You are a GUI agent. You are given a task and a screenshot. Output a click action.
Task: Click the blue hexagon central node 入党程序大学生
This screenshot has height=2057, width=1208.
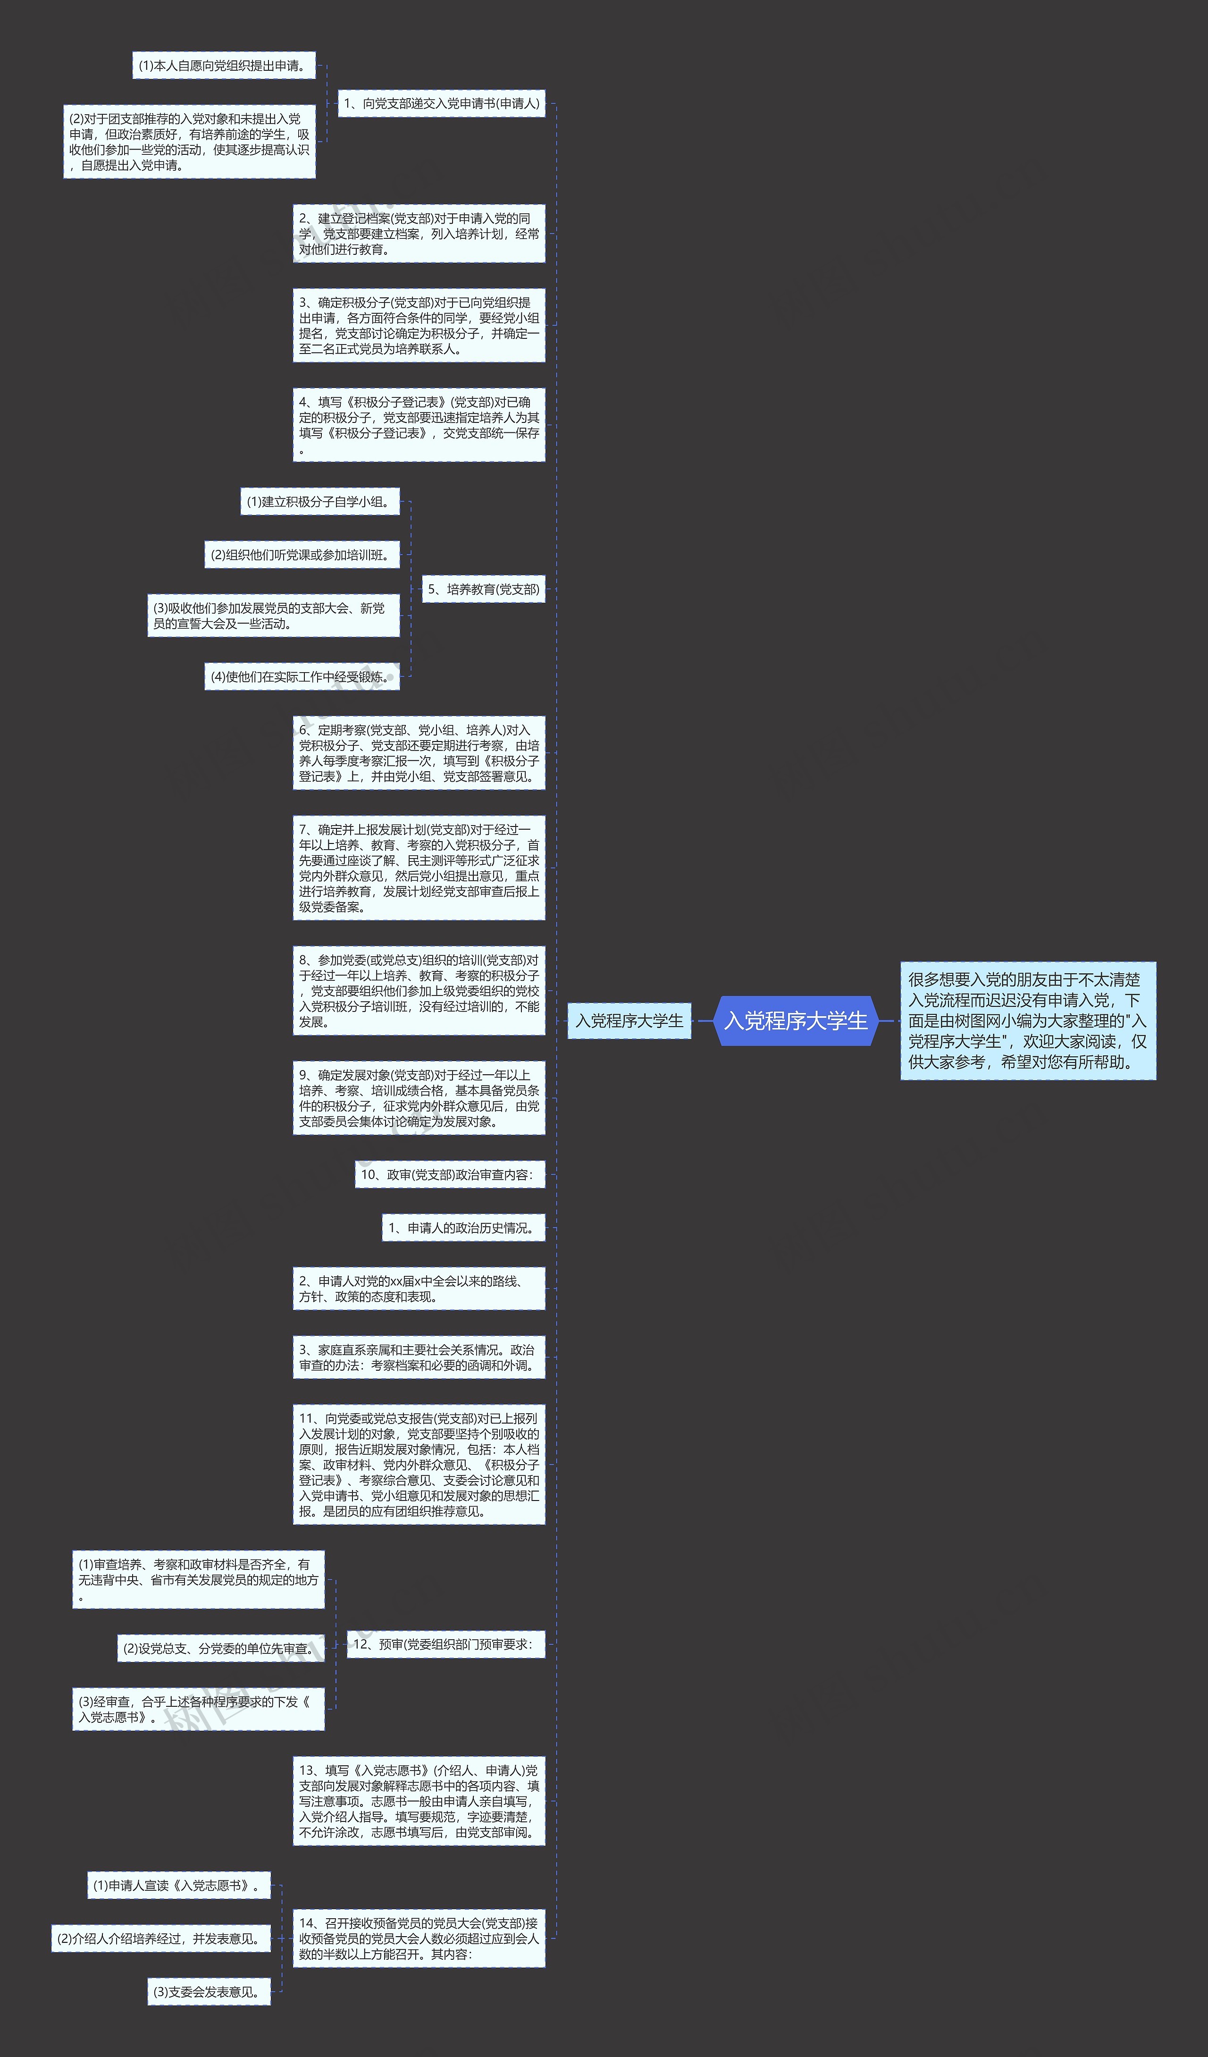pyautogui.click(x=796, y=1020)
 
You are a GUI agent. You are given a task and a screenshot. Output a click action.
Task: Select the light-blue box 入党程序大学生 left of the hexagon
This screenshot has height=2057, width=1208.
pyautogui.click(x=629, y=1020)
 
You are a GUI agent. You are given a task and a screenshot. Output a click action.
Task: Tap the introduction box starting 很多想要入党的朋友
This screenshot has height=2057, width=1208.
pyautogui.click(x=1028, y=1020)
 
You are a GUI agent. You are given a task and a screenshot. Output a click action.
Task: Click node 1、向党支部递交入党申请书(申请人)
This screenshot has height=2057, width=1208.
pyautogui.click(x=442, y=104)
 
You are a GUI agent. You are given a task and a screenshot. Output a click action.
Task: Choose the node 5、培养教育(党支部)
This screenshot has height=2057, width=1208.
pyautogui.click(x=483, y=590)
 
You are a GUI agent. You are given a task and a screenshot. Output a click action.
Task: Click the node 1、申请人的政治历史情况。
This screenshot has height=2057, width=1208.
pyautogui.click(x=463, y=1228)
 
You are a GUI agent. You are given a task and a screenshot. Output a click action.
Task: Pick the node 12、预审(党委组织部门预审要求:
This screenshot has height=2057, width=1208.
pyautogui.click(x=445, y=1644)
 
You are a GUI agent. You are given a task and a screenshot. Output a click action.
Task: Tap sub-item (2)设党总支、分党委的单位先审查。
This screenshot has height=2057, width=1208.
pyautogui.click(x=220, y=1648)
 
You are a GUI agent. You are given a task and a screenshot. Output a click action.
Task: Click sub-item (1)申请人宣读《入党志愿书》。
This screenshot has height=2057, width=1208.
pyautogui.click(x=179, y=1886)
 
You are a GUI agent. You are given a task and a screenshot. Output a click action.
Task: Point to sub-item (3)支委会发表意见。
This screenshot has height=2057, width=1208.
pyautogui.click(x=209, y=1992)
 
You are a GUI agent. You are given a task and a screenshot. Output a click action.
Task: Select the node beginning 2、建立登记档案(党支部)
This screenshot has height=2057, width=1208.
pyautogui.click(x=419, y=234)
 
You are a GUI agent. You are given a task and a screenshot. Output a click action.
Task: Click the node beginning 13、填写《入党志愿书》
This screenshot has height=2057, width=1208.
pyautogui.click(x=419, y=1801)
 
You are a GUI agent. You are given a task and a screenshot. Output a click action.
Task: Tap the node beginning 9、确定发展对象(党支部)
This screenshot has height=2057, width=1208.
pyautogui.click(x=419, y=1098)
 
